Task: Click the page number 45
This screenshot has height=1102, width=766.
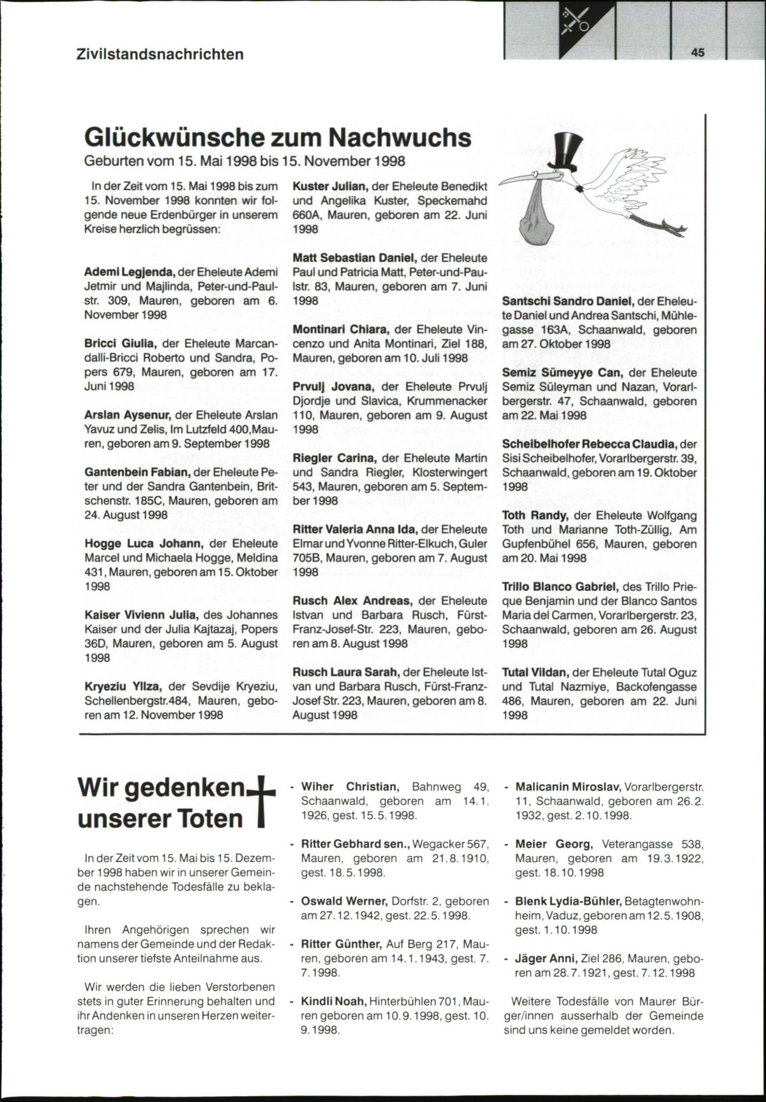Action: pyautogui.click(x=698, y=52)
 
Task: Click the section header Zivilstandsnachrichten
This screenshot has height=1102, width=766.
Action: pyautogui.click(x=160, y=54)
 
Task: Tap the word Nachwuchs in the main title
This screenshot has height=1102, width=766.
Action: pyautogui.click(x=400, y=138)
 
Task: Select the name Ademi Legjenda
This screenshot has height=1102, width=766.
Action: pyautogui.click(x=130, y=272)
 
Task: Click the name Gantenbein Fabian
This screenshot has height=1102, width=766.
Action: pyautogui.click(x=137, y=472)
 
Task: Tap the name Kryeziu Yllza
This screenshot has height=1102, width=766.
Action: pyautogui.click(x=123, y=687)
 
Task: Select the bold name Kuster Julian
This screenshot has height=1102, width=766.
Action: pyautogui.click(x=329, y=186)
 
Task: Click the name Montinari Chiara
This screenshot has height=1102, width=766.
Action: pyautogui.click(x=340, y=329)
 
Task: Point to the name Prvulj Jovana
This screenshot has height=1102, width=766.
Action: pyautogui.click(x=333, y=387)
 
